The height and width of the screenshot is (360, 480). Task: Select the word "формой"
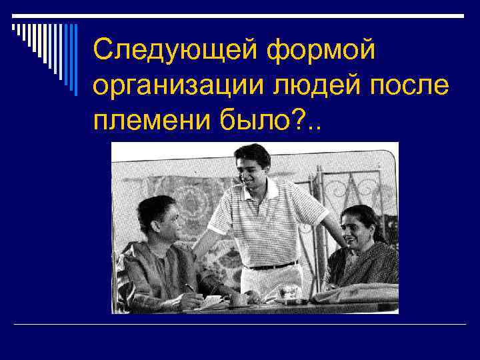323,51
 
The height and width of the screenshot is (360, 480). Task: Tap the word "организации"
169,86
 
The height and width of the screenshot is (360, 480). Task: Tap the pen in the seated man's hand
190,288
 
